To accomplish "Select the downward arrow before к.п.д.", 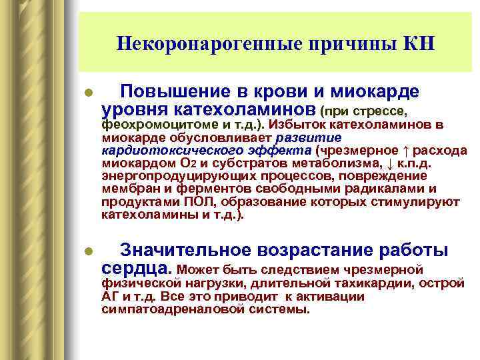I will coord(391,163).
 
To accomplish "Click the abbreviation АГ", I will coord(109,297).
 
